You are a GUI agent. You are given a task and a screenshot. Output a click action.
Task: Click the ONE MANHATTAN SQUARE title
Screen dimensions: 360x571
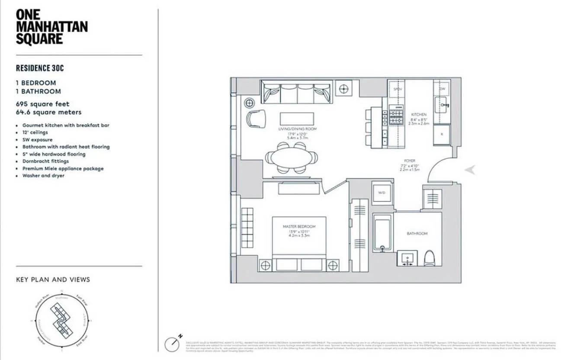[x=51, y=26]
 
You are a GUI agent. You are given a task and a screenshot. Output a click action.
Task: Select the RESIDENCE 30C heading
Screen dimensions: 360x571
[x=40, y=68]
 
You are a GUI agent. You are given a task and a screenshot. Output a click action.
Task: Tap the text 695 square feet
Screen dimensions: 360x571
[x=42, y=104]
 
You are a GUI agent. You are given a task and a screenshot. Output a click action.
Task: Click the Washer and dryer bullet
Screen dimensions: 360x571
[x=43, y=176]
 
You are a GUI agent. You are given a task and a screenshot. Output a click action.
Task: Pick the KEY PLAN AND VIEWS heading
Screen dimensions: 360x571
[x=53, y=280]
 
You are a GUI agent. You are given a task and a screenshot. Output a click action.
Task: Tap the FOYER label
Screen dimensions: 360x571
[x=410, y=161]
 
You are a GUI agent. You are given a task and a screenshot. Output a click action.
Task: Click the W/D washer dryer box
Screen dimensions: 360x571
[x=382, y=192]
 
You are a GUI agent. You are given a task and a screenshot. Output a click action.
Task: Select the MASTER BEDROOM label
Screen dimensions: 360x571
[x=299, y=227]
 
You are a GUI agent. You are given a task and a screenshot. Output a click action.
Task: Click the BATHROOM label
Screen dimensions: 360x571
[x=417, y=234]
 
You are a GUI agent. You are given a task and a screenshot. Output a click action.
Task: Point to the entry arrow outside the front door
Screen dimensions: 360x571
[x=470, y=170]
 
